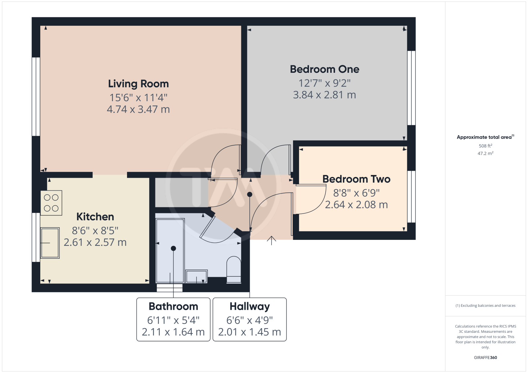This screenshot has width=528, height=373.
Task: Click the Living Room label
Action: (x=138, y=84)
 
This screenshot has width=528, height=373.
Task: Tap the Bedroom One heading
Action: (x=325, y=69)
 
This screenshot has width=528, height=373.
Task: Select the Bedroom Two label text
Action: (x=356, y=179)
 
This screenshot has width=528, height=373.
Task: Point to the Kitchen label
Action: (x=95, y=217)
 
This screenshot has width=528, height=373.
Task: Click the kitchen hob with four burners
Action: (x=51, y=203)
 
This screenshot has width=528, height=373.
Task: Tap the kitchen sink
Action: (x=50, y=243)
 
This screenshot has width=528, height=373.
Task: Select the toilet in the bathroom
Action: (x=234, y=270)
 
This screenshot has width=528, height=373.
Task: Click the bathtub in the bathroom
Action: (x=170, y=251)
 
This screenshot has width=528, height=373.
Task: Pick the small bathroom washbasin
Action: (x=196, y=276)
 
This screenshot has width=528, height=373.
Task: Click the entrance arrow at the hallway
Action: (x=272, y=240)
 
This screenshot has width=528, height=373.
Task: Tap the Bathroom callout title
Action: (x=173, y=306)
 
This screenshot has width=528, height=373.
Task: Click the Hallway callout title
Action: (x=249, y=306)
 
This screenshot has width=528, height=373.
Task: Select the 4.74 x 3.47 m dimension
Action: (x=138, y=109)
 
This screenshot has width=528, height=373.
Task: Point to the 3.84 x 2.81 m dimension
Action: (x=324, y=95)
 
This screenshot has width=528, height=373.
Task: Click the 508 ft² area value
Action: (x=485, y=146)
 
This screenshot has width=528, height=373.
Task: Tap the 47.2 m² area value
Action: (x=485, y=153)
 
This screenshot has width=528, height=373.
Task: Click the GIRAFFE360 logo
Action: (x=485, y=358)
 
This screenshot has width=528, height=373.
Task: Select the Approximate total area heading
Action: (x=485, y=137)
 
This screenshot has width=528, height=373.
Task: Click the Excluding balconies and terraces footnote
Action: (x=485, y=305)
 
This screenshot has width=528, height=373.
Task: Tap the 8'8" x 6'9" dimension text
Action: (x=356, y=193)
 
